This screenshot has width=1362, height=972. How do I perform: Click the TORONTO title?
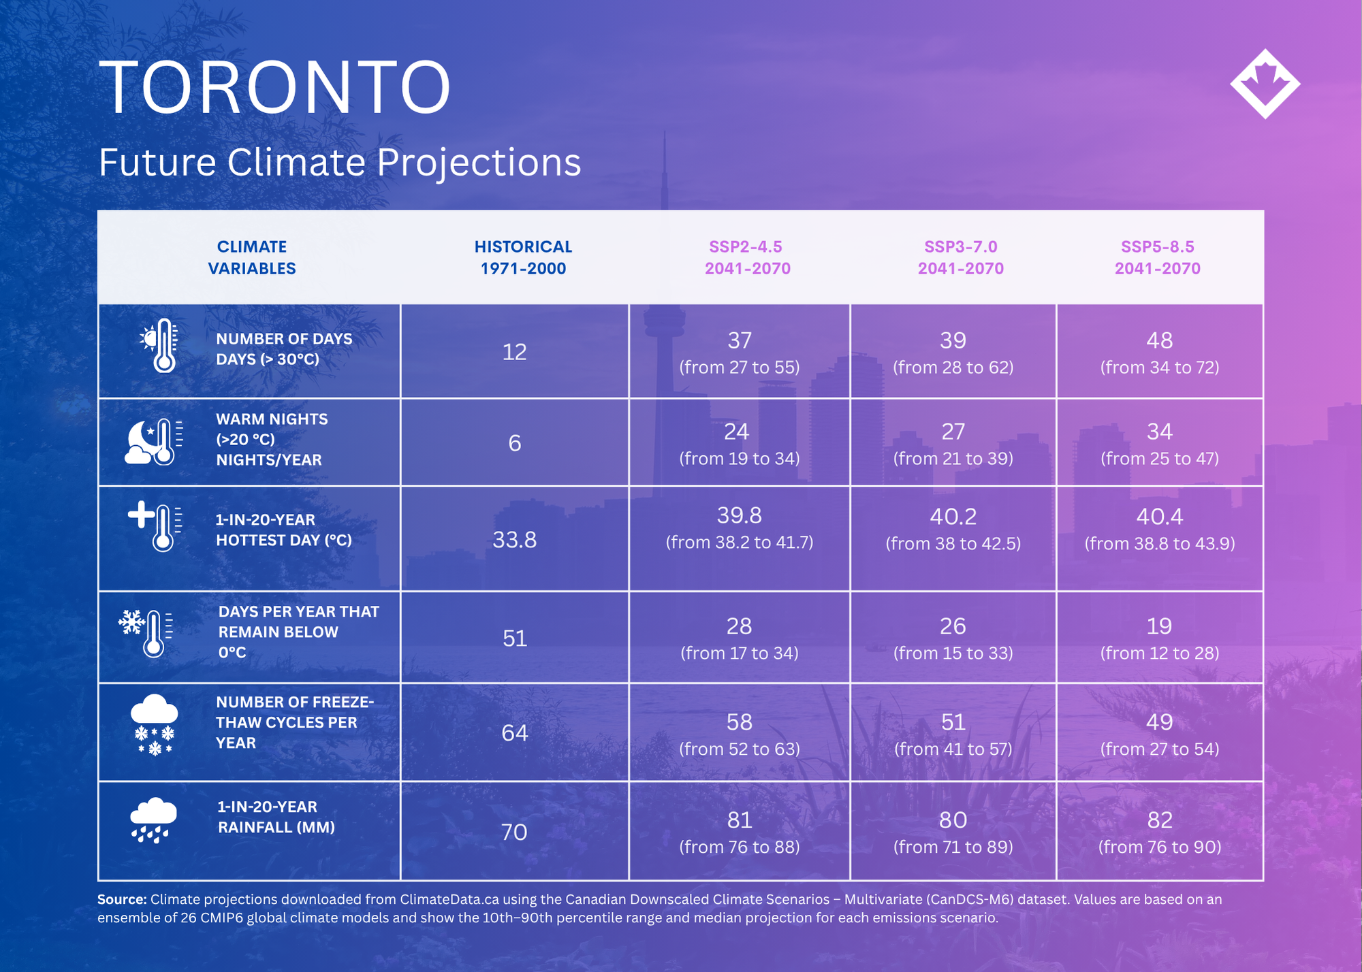pos(274,87)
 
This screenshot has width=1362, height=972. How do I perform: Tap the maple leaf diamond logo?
pos(1265,84)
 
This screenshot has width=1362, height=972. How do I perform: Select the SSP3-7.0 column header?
pos(961,257)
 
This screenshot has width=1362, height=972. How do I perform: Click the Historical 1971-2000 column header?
pos(523,257)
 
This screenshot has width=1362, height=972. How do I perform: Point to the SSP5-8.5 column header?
pos(1158,257)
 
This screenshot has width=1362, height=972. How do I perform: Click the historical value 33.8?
pos(515,540)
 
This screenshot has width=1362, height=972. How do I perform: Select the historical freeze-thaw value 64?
pos(515,732)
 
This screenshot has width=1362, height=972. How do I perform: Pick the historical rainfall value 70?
pos(514,832)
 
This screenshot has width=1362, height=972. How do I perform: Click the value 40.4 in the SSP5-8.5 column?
pos(1160,517)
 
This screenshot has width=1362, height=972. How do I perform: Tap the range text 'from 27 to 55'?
pos(740,368)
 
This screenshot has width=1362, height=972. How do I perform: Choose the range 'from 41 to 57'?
pos(953,749)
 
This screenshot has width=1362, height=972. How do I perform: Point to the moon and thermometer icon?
pos(154,442)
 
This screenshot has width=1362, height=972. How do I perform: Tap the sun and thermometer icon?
pos(159,345)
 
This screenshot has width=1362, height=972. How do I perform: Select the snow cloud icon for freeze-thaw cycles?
pos(154,725)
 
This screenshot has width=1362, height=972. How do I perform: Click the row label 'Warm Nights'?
pos(272,419)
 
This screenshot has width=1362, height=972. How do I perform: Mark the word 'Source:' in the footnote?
pos(122,900)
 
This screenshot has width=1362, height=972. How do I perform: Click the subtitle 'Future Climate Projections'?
pos(340,163)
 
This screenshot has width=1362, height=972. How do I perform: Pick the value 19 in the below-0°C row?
pos(1159,626)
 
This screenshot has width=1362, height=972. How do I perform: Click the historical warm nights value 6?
pos(515,443)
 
